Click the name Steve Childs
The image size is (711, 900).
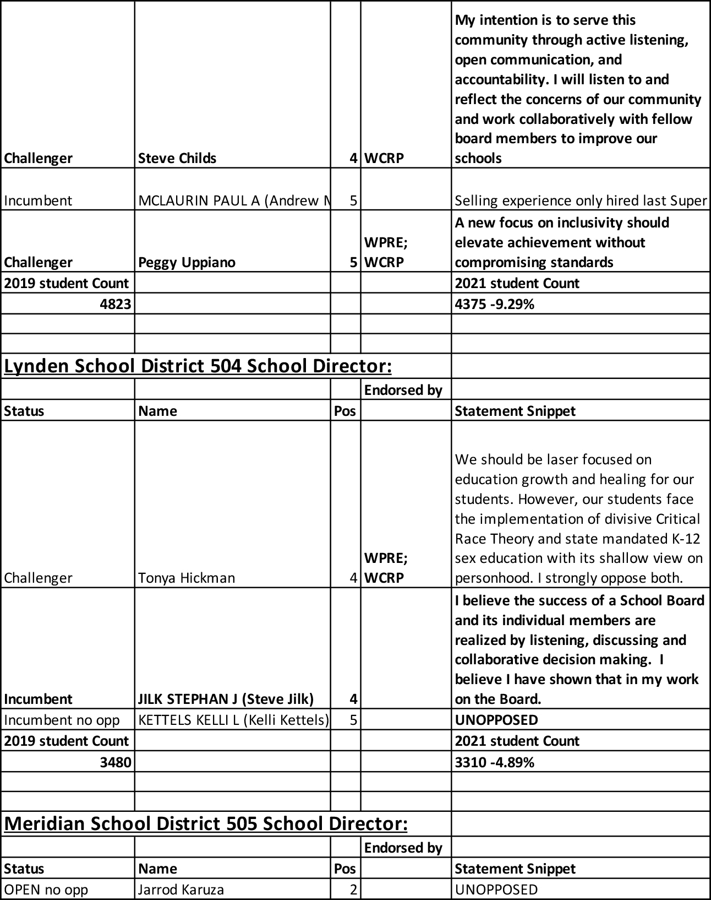coord(177,158)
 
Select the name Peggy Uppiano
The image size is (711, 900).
coord(187,262)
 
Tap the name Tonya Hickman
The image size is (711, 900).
coord(187,578)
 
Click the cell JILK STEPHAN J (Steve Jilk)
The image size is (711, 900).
coord(226,699)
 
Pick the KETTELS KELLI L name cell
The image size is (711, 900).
coord(233,720)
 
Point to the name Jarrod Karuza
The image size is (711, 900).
coord(181,890)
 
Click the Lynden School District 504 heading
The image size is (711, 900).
coord(198,366)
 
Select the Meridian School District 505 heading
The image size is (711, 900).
coord(206,823)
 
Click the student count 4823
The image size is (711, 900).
coord(115,303)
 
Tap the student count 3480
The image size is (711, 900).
coord(115,762)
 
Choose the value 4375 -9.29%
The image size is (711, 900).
coord(495,303)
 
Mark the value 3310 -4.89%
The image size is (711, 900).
coord(495,762)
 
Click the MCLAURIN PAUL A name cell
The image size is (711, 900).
coord(233,200)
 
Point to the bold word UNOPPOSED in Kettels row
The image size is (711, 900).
coord(496,720)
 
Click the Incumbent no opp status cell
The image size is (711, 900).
coord(62,720)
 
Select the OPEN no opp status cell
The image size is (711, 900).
coord(46,890)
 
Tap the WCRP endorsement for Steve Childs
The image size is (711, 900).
coord(384,158)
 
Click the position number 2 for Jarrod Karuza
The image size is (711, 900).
coord(353,890)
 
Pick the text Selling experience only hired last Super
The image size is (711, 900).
coord(581,200)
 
